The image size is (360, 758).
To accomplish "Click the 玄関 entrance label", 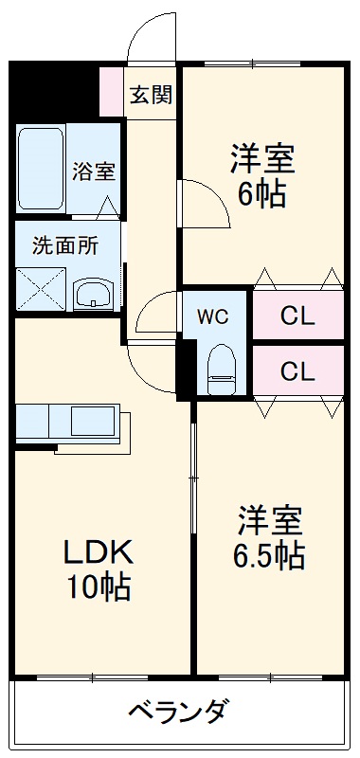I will click(151, 95).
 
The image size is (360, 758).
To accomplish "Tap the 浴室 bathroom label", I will click(94, 171).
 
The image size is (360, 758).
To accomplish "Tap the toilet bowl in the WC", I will click(222, 369).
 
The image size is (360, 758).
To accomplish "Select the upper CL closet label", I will click(297, 315).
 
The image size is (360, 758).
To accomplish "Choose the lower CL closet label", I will click(297, 370).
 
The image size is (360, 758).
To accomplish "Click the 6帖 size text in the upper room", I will click(261, 194).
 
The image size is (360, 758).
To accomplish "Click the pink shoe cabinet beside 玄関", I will click(112, 91).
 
